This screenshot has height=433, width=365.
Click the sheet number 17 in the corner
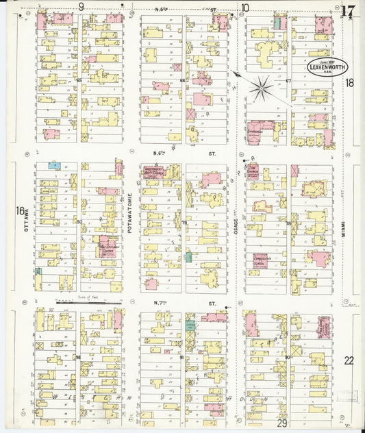(x=349, y=10)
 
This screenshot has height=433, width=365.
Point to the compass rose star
(x=261, y=87)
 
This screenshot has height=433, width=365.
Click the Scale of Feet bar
(x=89, y=300)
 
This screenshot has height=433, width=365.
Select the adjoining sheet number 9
(x=81, y=7)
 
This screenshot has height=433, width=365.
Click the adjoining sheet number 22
(x=349, y=360)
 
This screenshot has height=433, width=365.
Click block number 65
(x=79, y=80)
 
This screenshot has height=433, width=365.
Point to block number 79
(x=184, y=223)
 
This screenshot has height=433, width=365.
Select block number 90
(x=287, y=357)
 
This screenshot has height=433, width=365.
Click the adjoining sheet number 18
(x=349, y=83)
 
